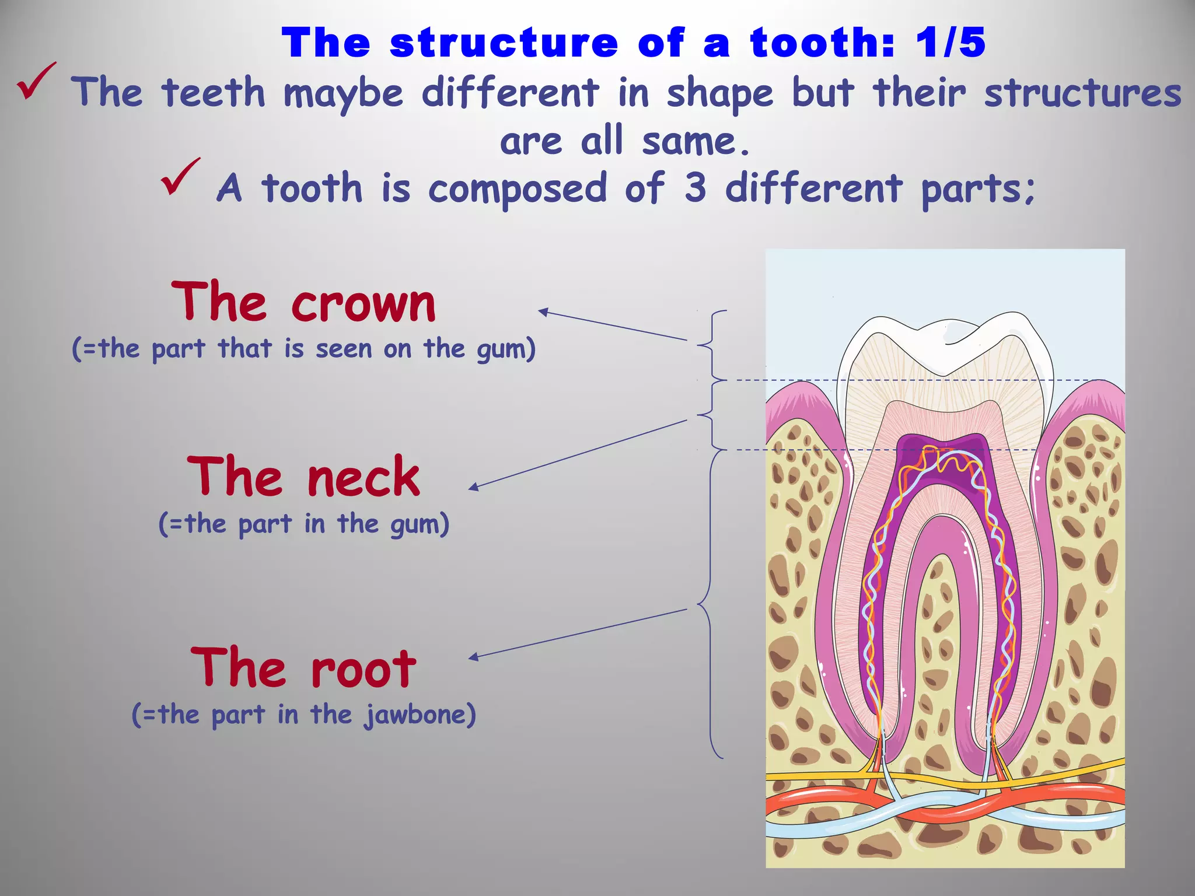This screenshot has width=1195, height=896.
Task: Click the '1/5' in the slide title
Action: pyautogui.click(x=950, y=43)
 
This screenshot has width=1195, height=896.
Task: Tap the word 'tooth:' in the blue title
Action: pyautogui.click(x=822, y=43)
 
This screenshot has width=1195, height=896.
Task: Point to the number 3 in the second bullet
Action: pyautogui.click(x=695, y=188)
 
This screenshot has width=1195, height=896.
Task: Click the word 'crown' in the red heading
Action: pyautogui.click(x=364, y=304)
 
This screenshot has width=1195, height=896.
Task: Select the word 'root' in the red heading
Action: pyautogui.click(x=364, y=670)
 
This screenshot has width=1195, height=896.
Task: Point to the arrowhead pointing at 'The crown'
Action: pyautogui.click(x=542, y=312)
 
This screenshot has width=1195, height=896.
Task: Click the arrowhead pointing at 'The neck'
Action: pyautogui.click(x=474, y=487)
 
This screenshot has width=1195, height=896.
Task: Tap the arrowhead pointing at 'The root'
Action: pyautogui.click(x=474, y=657)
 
